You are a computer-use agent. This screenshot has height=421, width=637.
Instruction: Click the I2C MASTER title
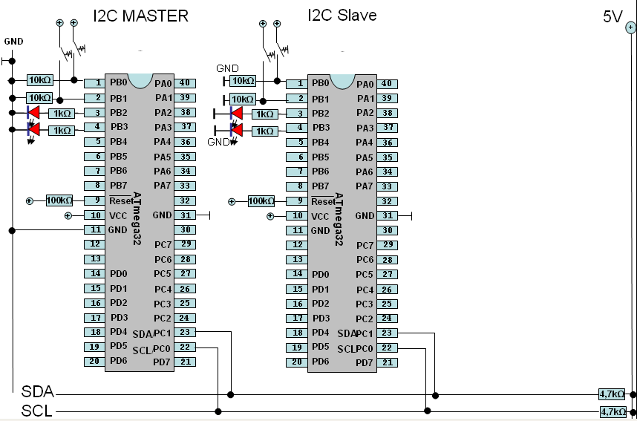[140, 16]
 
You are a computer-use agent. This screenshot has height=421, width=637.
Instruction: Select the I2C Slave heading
[342, 15]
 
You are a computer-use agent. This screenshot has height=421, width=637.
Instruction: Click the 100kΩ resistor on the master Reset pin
[59, 200]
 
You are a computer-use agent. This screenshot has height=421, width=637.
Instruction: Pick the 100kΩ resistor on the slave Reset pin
[261, 201]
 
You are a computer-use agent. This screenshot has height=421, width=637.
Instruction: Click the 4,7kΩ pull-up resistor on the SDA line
[613, 394]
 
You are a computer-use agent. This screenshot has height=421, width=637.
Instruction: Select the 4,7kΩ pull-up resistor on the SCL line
[613, 411]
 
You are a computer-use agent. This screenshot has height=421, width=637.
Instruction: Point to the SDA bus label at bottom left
[37, 392]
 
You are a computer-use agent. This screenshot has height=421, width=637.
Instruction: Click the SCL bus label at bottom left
[37, 411]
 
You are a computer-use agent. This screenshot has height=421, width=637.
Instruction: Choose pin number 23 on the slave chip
[388, 333]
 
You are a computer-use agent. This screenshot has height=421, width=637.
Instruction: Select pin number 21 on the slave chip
[388, 362]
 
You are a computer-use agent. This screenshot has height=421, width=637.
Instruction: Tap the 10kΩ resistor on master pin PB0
[39, 80]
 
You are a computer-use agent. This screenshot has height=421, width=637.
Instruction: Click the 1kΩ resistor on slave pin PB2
[264, 114]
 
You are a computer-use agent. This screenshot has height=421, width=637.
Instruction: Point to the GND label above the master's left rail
[14, 40]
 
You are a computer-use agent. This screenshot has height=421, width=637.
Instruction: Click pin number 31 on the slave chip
[388, 215]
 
